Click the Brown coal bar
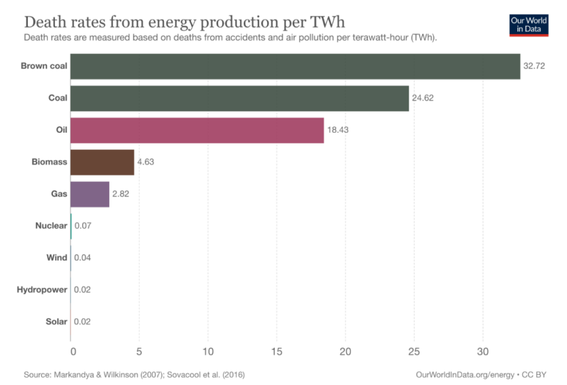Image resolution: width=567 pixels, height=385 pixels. [295, 66]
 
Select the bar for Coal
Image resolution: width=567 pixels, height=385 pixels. [239, 98]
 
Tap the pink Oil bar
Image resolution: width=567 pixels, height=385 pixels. [197, 130]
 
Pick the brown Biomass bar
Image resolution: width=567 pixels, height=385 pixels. [102, 162]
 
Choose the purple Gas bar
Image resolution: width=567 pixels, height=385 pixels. [90, 194]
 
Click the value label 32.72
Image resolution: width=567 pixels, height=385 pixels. [534, 66]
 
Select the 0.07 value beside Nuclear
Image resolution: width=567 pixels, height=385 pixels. [83, 226]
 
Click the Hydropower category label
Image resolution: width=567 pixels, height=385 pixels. [42, 290]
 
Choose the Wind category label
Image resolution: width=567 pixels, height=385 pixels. [57, 258]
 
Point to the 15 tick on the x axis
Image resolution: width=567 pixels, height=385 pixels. [276, 352]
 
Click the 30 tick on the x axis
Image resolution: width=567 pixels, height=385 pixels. [482, 352]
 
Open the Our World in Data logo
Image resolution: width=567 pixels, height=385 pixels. [528, 24]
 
